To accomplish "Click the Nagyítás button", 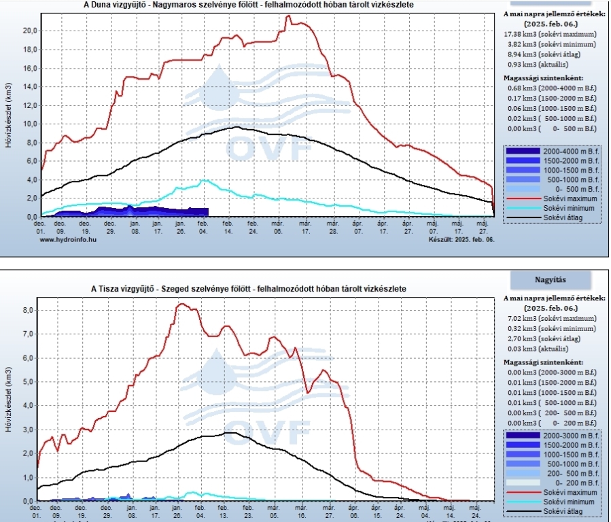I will point(549,279).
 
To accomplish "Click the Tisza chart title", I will point(249,289).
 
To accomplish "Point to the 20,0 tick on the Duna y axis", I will point(28,31).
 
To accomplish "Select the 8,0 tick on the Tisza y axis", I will point(29,310).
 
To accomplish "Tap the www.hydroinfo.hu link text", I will point(67,240).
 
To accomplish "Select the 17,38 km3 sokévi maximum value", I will point(551,33).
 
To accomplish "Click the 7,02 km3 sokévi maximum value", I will point(551,318).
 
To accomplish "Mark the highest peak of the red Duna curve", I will point(288,16).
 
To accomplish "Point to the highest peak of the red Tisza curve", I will point(181,304).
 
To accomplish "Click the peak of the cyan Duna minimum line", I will point(203,180).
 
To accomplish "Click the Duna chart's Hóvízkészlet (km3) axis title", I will point(8,116).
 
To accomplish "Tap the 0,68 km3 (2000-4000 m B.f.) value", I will point(551,87).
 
